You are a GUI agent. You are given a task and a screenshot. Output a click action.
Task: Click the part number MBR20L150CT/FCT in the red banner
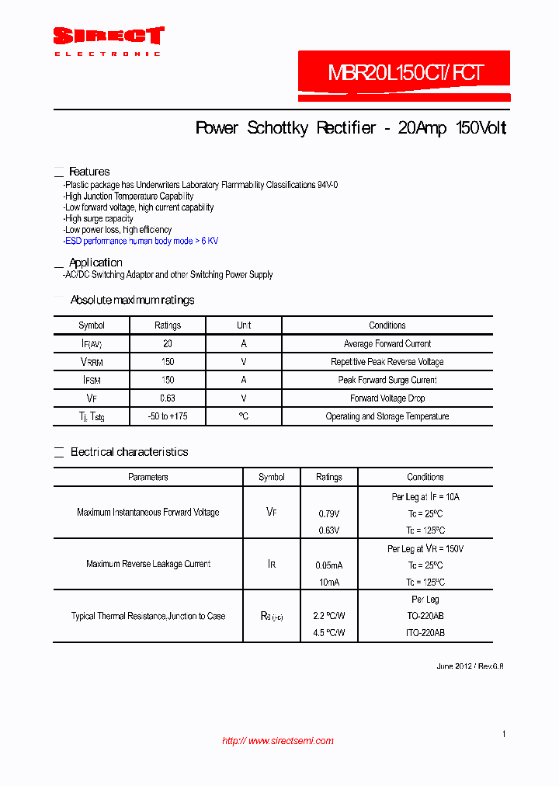[405, 73]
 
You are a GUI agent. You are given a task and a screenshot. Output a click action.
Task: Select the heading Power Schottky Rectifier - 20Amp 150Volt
[350, 128]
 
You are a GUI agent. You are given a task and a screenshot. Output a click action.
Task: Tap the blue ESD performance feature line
[141, 241]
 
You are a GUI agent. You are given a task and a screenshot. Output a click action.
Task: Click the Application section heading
[95, 263]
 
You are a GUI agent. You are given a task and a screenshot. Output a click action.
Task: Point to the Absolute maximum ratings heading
[132, 300]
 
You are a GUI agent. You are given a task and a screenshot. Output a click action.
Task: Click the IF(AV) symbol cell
[92, 343]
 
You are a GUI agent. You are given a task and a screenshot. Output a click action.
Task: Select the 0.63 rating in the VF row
[167, 398]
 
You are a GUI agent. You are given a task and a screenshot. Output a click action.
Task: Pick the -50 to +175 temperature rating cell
[167, 416]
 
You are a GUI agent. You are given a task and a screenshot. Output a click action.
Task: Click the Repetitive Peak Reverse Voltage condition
[387, 362]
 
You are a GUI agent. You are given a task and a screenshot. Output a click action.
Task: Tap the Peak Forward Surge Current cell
[387, 380]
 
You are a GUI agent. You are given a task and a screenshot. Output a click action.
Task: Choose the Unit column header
[244, 325]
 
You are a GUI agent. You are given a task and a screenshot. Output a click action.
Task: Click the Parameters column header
[148, 477]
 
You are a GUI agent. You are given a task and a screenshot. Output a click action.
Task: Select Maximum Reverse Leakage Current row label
[148, 564]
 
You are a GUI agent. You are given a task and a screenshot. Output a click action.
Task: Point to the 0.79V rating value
[329, 514]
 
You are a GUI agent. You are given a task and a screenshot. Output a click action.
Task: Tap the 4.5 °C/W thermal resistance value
[329, 633]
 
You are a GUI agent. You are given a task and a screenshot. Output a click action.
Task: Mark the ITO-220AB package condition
[425, 633]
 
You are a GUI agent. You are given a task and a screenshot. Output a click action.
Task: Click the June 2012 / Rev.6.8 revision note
[470, 666]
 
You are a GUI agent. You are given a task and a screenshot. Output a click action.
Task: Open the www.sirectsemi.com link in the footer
[278, 741]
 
